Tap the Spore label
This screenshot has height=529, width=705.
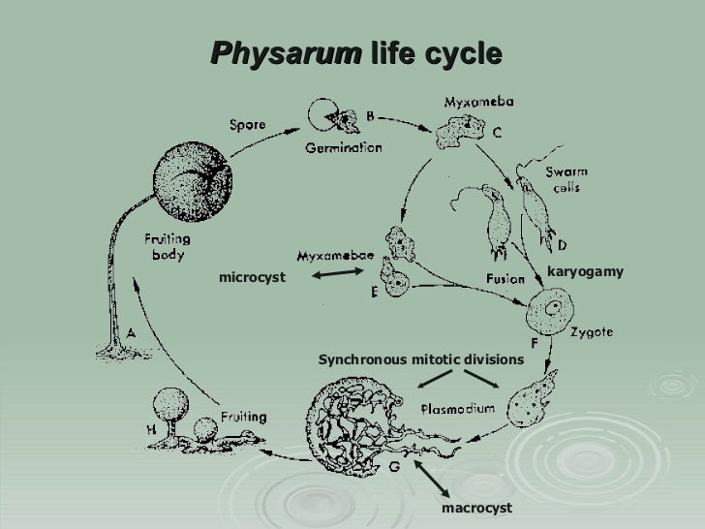tap(251, 125)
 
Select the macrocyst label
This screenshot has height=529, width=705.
tap(475, 507)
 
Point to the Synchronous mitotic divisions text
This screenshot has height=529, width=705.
tap(420, 360)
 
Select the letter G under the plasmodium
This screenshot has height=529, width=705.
tap(394, 465)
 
